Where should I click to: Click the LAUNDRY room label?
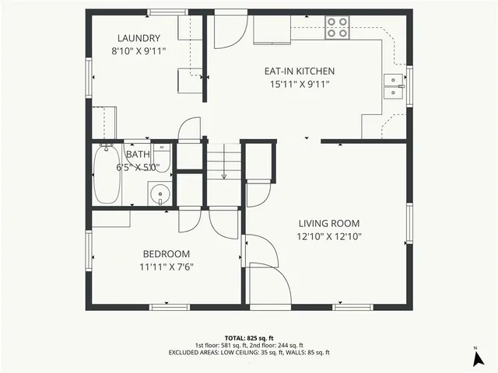point(139,39)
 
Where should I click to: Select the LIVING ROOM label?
point(329,224)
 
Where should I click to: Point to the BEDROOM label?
point(166,254)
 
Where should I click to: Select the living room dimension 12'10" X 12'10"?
point(329,237)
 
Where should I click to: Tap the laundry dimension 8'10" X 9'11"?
point(139,52)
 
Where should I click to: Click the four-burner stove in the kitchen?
point(337,27)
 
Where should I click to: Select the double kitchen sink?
point(393,85)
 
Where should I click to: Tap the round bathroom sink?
point(159,193)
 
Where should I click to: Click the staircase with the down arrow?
point(223,163)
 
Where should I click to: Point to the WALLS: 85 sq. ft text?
point(304,352)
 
